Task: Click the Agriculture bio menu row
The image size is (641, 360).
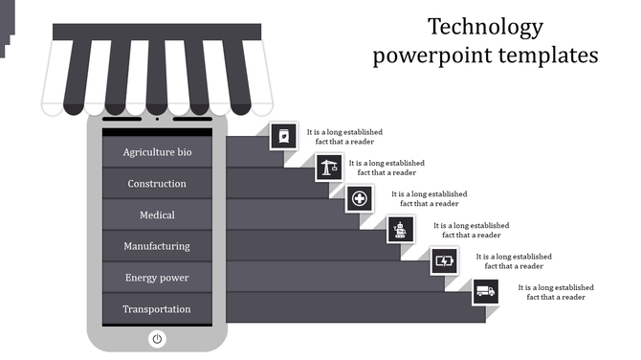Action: pyautogui.click(x=157, y=152)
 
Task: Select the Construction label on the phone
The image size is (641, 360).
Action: pyautogui.click(x=157, y=184)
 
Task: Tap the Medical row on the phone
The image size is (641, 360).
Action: pyautogui.click(x=157, y=215)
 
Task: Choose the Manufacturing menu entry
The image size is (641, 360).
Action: pyautogui.click(x=157, y=246)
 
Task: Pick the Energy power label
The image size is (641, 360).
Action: pyautogui.click(x=157, y=278)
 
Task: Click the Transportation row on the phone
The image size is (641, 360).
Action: pyautogui.click(x=157, y=309)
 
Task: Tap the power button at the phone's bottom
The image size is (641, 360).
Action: pyautogui.click(x=157, y=338)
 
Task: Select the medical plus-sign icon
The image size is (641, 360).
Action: pyautogui.click(x=360, y=199)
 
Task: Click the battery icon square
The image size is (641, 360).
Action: pyautogui.click(x=444, y=259)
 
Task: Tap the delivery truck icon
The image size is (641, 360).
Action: pyautogui.click(x=486, y=291)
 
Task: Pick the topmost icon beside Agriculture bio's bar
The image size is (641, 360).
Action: pyautogui.click(x=283, y=136)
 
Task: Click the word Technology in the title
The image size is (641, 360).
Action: pyautogui.click(x=485, y=26)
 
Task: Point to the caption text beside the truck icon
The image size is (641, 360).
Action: pyautogui.click(x=556, y=292)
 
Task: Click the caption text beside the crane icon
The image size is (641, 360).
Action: pyautogui.click(x=387, y=168)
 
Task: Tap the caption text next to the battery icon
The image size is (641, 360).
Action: pyautogui.click(x=514, y=261)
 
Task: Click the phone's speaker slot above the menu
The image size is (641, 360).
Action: pyautogui.click(x=157, y=122)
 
